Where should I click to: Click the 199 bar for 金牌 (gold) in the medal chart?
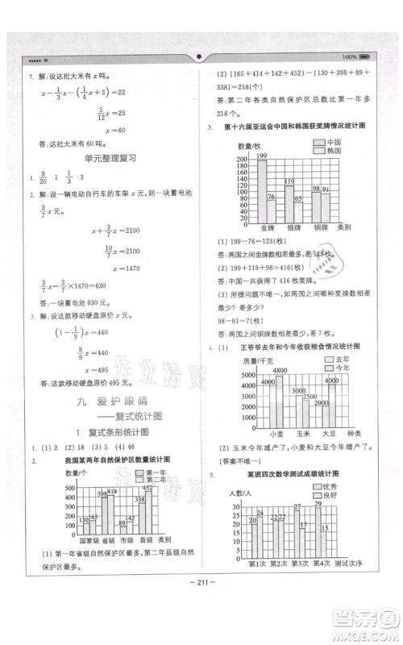click(x=261, y=189)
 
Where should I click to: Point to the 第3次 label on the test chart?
click(x=302, y=563)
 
